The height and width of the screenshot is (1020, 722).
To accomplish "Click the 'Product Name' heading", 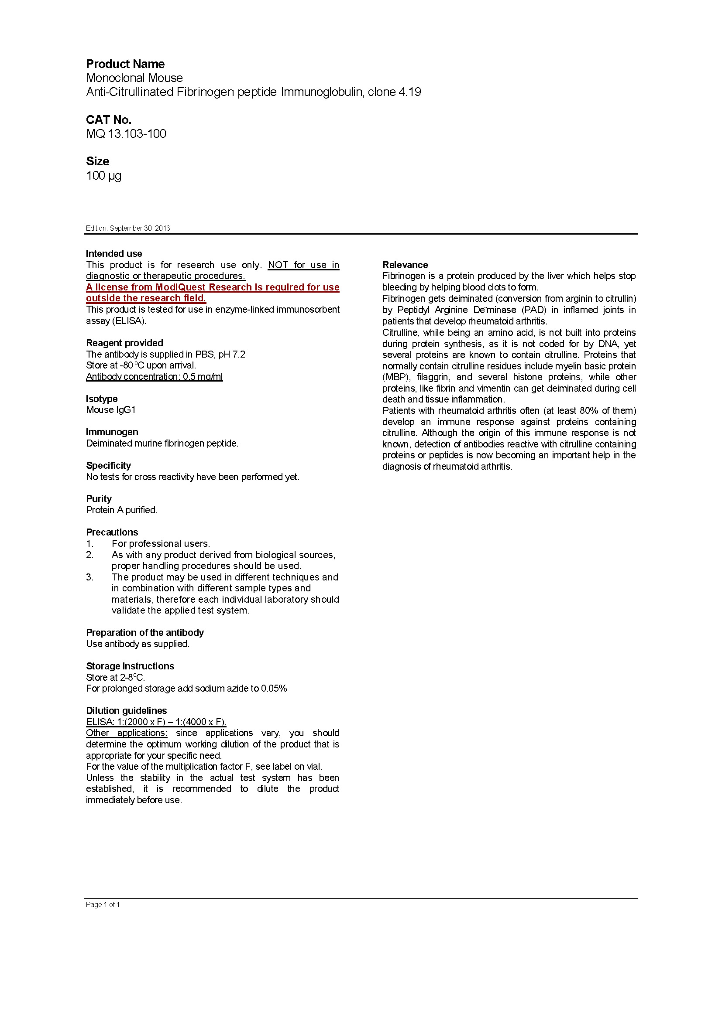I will [x=125, y=64].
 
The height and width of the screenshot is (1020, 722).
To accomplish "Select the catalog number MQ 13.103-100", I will [x=126, y=134].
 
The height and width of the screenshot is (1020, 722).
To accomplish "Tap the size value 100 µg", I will [x=103, y=176].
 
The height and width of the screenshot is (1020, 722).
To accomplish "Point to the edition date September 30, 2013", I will [x=140, y=229].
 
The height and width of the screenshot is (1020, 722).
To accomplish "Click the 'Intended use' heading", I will [x=114, y=254].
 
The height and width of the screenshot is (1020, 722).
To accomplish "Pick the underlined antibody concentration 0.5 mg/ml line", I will [x=154, y=377].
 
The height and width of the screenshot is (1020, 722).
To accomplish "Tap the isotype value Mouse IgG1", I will [x=111, y=410].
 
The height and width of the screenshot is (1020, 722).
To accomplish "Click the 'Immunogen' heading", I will [x=112, y=432].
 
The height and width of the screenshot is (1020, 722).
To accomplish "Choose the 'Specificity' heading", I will [x=109, y=466].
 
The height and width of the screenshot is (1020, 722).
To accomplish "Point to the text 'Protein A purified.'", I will [x=121, y=510].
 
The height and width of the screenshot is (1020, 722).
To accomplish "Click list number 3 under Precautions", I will [x=90, y=577].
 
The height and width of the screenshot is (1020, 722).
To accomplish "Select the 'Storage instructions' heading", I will [x=130, y=666].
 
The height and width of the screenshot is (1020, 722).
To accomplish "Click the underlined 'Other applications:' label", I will [x=127, y=733].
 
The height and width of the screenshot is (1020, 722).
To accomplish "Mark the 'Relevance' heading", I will [x=405, y=265].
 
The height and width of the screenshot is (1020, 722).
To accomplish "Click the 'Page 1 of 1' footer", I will [x=103, y=904].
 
